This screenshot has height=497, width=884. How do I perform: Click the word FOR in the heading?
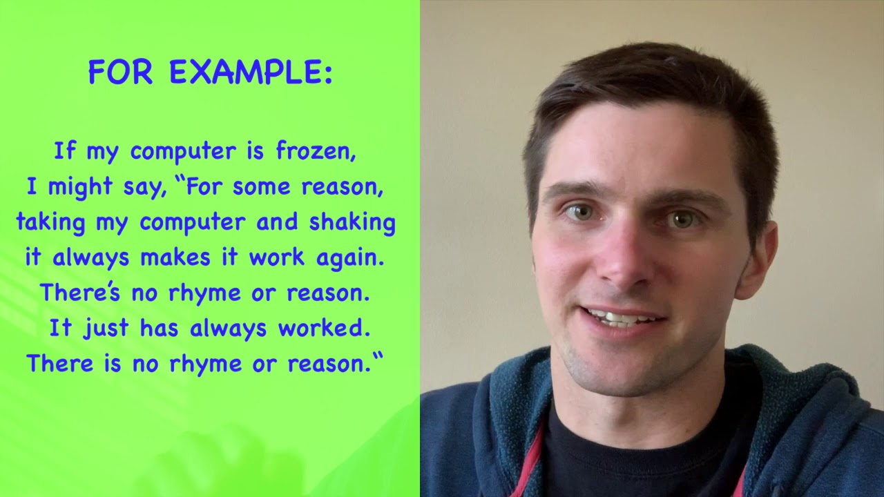[x=120, y=72]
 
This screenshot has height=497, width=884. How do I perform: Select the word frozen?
[x=316, y=151]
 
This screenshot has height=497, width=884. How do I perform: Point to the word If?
[x=64, y=151]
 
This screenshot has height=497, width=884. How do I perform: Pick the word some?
[x=256, y=187]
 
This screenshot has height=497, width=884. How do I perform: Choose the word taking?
[x=50, y=222]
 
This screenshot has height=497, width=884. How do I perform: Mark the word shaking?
[x=352, y=222]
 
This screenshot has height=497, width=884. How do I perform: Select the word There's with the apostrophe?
[x=80, y=293]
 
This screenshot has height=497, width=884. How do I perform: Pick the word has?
[x=159, y=329]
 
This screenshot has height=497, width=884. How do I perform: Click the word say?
[x=144, y=187]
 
